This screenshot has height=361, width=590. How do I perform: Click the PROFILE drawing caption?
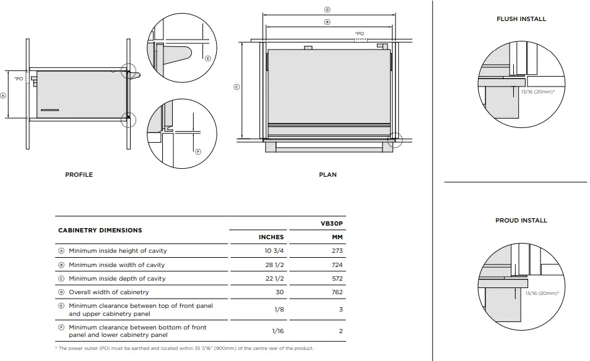pyautogui.click(x=79, y=175)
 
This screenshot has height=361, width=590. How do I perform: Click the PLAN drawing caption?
pyautogui.click(x=328, y=175)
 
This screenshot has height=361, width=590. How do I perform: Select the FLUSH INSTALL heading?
pyautogui.click(x=521, y=19)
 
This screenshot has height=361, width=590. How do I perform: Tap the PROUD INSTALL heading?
pyautogui.click(x=521, y=221)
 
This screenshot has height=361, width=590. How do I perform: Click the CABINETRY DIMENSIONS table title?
pyautogui.click(x=100, y=231)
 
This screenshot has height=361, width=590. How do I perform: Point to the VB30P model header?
pyautogui.click(x=332, y=224)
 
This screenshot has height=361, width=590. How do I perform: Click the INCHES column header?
pyautogui.click(x=271, y=237)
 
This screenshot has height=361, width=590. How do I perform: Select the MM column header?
pyautogui.click(x=337, y=237)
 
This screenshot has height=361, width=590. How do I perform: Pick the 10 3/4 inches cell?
pyautogui.click(x=274, y=251)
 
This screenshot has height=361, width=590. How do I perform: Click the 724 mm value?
pyautogui.click(x=337, y=265)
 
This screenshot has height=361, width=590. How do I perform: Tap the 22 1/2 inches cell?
pyautogui.click(x=274, y=279)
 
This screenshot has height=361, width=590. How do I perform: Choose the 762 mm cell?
pyautogui.click(x=337, y=292)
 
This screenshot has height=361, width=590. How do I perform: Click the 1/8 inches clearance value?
pyautogui.click(x=279, y=309)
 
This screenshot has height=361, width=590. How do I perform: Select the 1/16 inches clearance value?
pyautogui.click(x=279, y=331)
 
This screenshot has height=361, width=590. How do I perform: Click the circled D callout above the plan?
pyautogui.click(x=328, y=10)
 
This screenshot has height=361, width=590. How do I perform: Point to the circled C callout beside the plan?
pyautogui.click(x=236, y=87)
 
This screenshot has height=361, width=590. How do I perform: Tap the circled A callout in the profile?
pyautogui.click(x=3, y=96)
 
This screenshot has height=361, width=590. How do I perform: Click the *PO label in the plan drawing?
pyautogui.click(x=359, y=33)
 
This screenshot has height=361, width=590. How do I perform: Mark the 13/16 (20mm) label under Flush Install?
pyautogui.click(x=537, y=91)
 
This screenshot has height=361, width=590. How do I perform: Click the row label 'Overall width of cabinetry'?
pyautogui.click(x=108, y=292)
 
